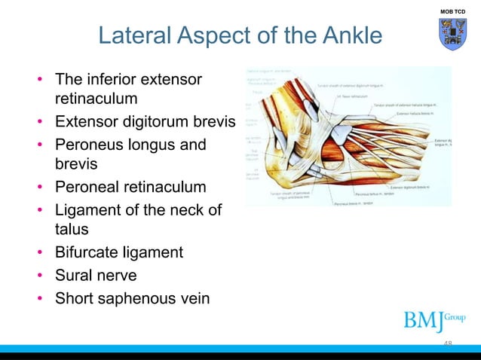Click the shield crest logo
tap(452, 35)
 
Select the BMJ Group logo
tap(434, 320)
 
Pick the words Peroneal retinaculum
tap(130, 186)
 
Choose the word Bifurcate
tap(87, 252)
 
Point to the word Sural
tap(73, 274)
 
